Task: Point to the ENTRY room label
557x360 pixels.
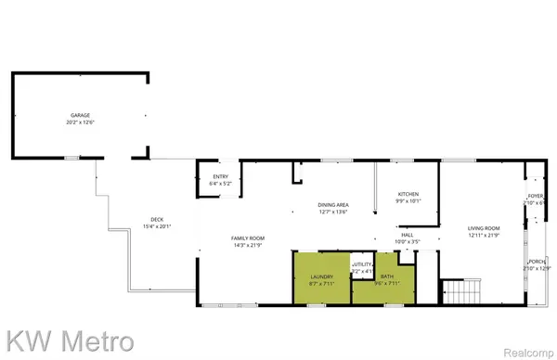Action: point(221,177)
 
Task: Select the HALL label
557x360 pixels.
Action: point(407,235)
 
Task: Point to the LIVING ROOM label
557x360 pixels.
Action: point(483,227)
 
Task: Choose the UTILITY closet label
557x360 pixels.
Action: point(361,264)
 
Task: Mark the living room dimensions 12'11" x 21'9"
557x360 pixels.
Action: point(483,235)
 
